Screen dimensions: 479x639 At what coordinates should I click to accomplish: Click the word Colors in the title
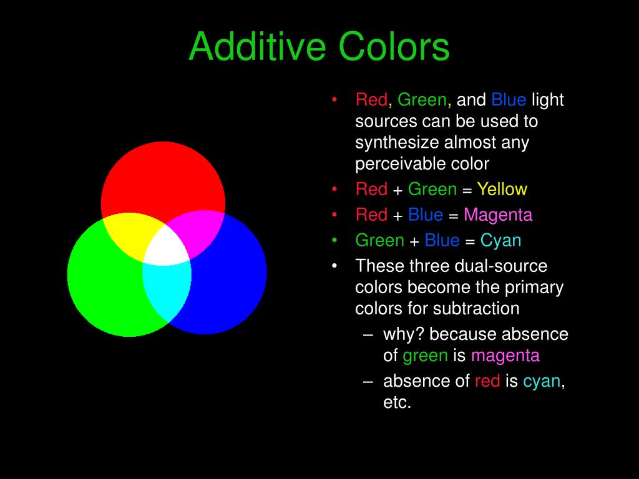point(394,47)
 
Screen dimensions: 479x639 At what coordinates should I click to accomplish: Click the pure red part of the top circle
point(163,178)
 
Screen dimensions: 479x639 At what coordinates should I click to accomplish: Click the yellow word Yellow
point(502,189)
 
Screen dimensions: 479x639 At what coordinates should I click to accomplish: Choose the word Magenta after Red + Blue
point(498,215)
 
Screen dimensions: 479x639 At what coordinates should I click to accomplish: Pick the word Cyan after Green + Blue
point(500,240)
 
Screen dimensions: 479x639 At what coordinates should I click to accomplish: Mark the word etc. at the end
point(397,402)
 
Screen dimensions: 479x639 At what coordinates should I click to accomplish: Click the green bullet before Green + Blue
point(335,240)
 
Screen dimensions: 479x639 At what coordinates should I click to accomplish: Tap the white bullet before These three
point(335,266)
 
